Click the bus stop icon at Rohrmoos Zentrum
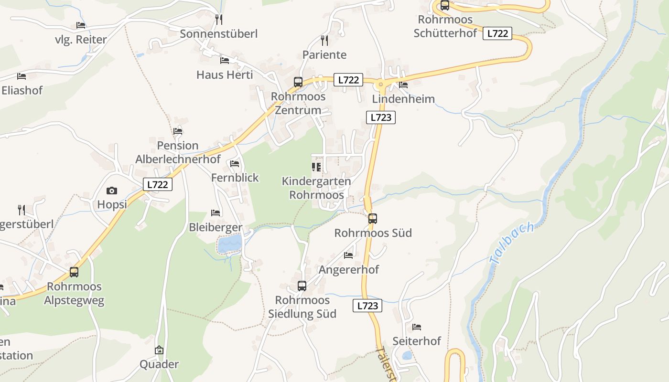298,82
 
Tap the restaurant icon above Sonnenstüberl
219,20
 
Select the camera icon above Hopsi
112,191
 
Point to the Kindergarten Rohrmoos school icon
316,167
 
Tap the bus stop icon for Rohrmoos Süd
373,219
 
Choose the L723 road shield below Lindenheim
381,117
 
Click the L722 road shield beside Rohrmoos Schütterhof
497,33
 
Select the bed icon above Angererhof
348,255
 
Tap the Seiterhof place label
417,341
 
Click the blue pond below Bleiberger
230,244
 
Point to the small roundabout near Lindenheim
381,85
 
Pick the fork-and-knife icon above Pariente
324,40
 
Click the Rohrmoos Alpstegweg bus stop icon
74,272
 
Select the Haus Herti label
225,75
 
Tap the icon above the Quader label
159,350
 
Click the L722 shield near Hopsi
158,184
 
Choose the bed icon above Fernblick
235,163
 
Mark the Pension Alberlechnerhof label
178,152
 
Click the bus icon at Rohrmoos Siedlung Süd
302,286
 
